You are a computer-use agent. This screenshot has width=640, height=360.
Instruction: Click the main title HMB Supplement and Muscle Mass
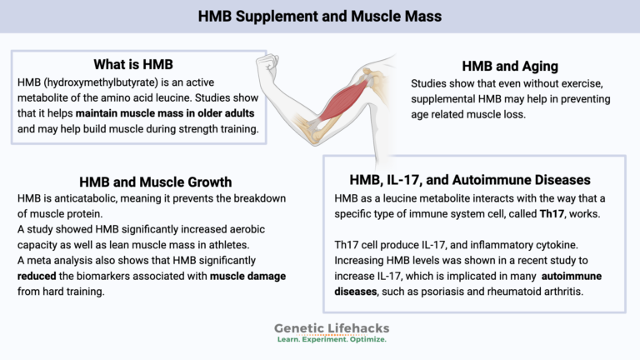320,16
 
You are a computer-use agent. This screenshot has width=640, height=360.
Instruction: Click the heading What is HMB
132,65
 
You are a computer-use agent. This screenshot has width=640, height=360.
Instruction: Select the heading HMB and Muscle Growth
155,182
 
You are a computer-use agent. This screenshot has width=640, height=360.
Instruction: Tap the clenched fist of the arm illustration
267,66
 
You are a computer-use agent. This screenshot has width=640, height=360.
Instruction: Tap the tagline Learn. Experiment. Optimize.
330,340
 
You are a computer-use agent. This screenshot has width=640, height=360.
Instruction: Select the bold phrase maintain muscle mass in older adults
166,113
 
